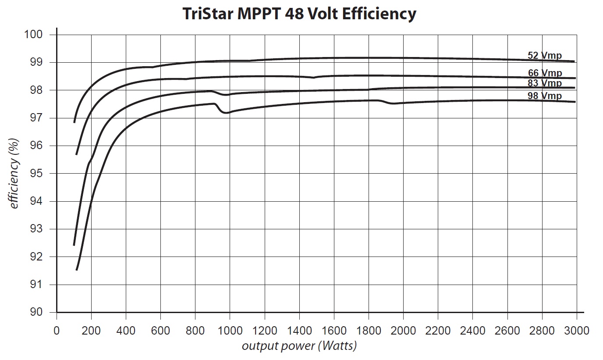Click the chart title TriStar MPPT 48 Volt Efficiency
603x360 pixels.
(x=299, y=14)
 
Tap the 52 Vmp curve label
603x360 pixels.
(x=544, y=55)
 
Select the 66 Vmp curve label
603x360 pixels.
(x=544, y=73)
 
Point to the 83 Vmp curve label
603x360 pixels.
(x=544, y=83)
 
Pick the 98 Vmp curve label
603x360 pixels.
(x=544, y=96)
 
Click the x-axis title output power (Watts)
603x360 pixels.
(x=299, y=346)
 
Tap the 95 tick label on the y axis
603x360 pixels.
(x=37, y=174)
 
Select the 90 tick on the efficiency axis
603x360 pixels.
(x=37, y=312)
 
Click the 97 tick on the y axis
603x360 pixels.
(x=37, y=118)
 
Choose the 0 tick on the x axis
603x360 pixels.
(x=57, y=330)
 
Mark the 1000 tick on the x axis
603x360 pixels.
(x=230, y=330)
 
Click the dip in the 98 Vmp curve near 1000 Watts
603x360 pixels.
(x=226, y=113)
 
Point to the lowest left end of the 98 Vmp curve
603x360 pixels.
(x=77, y=270)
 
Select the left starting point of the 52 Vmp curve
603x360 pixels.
(x=74, y=122)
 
